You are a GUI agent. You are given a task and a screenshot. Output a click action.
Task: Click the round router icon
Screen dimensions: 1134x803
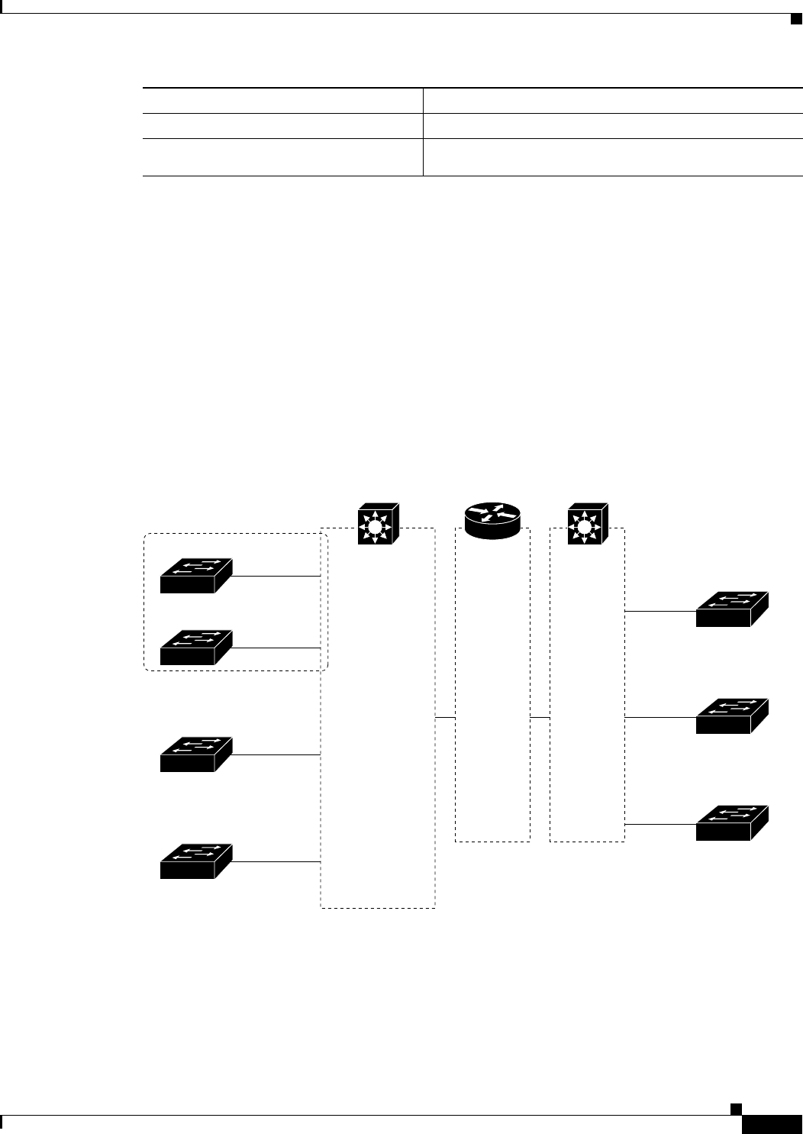pyautogui.click(x=493, y=520)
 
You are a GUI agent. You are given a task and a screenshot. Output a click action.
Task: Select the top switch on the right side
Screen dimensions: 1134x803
pyautogui.click(x=732, y=609)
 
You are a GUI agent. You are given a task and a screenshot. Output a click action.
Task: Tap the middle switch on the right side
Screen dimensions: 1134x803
pyautogui.click(x=732, y=716)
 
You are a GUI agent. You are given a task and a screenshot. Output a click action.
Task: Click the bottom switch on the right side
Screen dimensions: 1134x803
pyautogui.click(x=732, y=823)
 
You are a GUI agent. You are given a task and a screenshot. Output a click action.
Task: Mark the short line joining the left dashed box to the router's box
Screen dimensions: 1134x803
pyautogui.click(x=445, y=718)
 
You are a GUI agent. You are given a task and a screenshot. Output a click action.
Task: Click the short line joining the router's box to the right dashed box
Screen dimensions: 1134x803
pyautogui.click(x=540, y=718)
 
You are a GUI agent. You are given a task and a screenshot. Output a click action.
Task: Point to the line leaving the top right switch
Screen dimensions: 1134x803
pyautogui.click(x=661, y=612)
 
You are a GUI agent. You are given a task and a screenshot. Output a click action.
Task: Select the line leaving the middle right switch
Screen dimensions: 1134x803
pyautogui.click(x=661, y=718)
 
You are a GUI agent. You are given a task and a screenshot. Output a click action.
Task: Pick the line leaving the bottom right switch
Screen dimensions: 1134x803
pyautogui.click(x=661, y=825)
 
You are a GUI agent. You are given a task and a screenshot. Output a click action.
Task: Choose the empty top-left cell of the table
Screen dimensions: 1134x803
pyautogui.click(x=282, y=100)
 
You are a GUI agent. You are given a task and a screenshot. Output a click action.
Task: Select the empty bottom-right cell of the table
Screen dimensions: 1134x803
pyautogui.click(x=613, y=157)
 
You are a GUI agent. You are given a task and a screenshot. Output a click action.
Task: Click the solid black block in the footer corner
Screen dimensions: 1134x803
pyautogui.click(x=772, y=1125)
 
